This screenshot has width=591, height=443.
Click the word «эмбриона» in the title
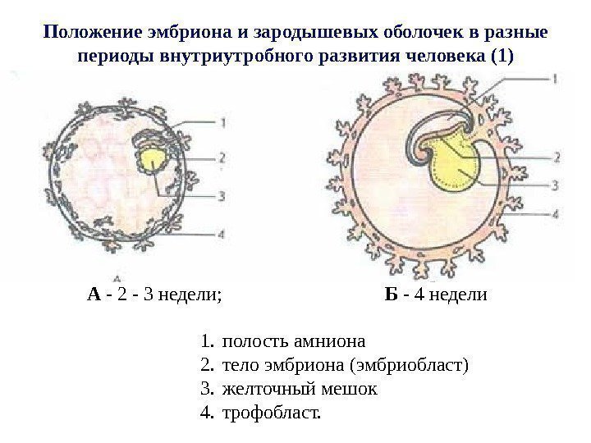[x=179, y=33]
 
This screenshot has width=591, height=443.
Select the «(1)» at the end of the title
[x=502, y=57]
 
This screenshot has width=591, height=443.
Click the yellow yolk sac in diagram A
[x=153, y=160]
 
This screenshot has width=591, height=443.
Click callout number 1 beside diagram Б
[x=555, y=80]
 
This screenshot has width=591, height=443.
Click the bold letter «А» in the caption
[x=94, y=294]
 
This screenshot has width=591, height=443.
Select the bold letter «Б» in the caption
[x=391, y=294]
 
